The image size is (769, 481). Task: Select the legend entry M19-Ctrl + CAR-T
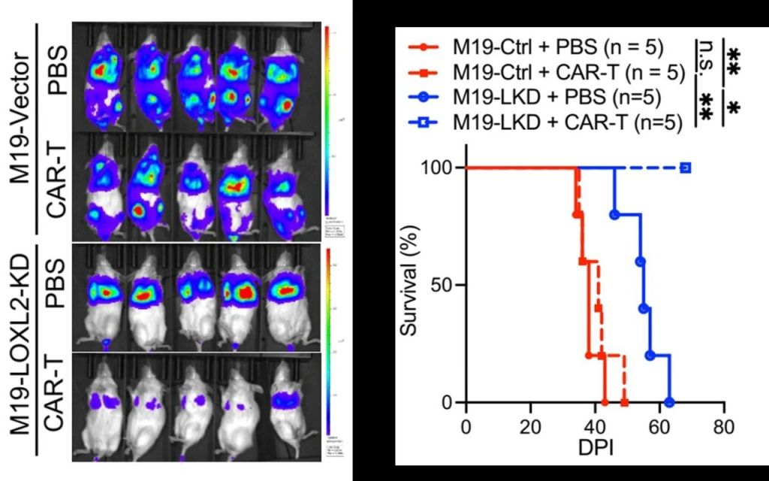pyautogui.click(x=547, y=73)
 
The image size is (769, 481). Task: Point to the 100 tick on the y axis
pyautogui.click(x=443, y=168)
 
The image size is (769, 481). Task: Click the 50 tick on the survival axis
pyautogui.click(x=448, y=285)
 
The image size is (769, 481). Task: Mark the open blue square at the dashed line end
pyautogui.click(x=686, y=168)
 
